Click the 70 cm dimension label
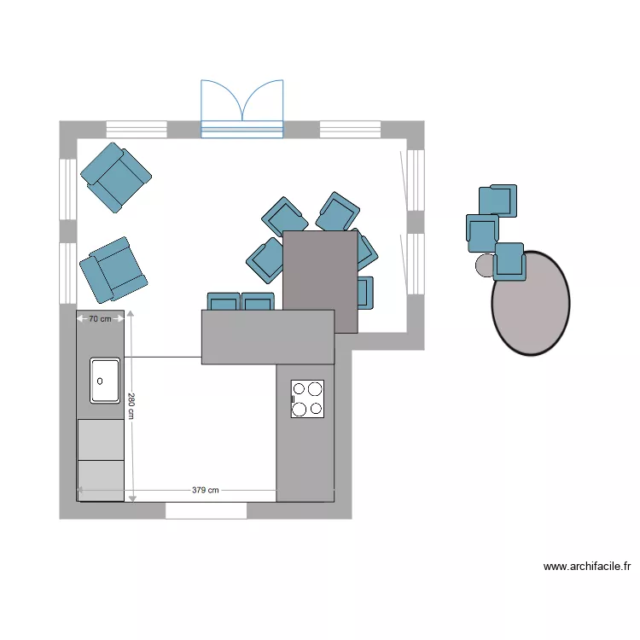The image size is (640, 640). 100,319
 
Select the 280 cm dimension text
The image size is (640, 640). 131,405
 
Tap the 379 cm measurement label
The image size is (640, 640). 205,491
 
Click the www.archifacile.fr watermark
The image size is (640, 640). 587,566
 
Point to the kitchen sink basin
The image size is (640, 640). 105,380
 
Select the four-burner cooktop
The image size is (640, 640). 307,399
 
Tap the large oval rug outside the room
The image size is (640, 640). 531,303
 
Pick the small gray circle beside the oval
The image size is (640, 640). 485,265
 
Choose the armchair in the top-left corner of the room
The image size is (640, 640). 115,177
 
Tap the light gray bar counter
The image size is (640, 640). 267,337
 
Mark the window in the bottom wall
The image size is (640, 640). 206,510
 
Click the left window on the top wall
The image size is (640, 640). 136,130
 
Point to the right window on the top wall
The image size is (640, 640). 350,130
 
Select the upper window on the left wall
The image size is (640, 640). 67,188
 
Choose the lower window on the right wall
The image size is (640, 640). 415,264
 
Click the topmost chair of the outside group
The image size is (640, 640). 498,200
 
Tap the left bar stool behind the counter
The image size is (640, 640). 224,301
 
